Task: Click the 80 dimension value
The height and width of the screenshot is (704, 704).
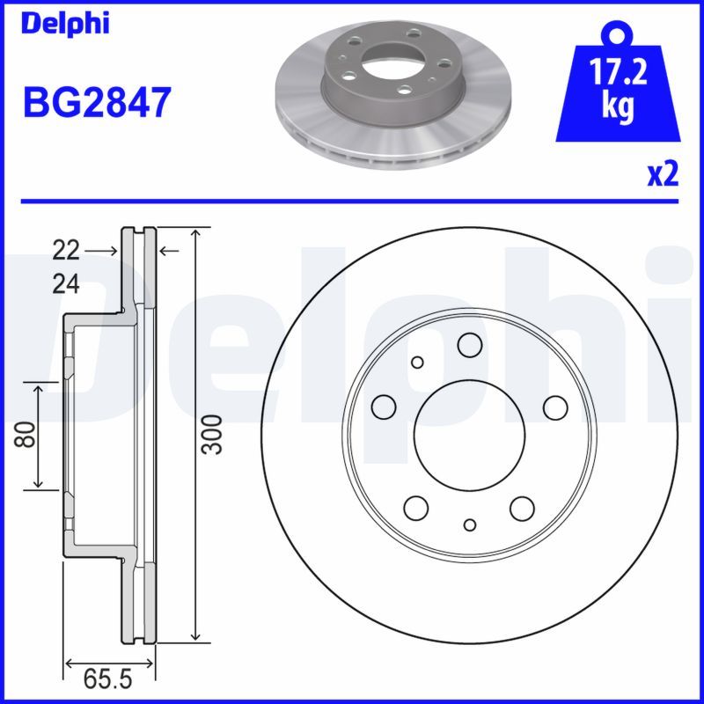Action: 28,435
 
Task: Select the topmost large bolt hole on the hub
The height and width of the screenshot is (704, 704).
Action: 469,344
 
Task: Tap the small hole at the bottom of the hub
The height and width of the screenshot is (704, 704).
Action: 469,524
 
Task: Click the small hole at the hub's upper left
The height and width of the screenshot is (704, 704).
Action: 417,361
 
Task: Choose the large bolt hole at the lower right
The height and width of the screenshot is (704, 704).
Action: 522,507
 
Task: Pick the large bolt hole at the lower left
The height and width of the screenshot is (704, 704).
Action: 415,507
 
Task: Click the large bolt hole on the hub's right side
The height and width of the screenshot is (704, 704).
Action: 554,407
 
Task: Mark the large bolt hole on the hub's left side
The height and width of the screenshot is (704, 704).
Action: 384,407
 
